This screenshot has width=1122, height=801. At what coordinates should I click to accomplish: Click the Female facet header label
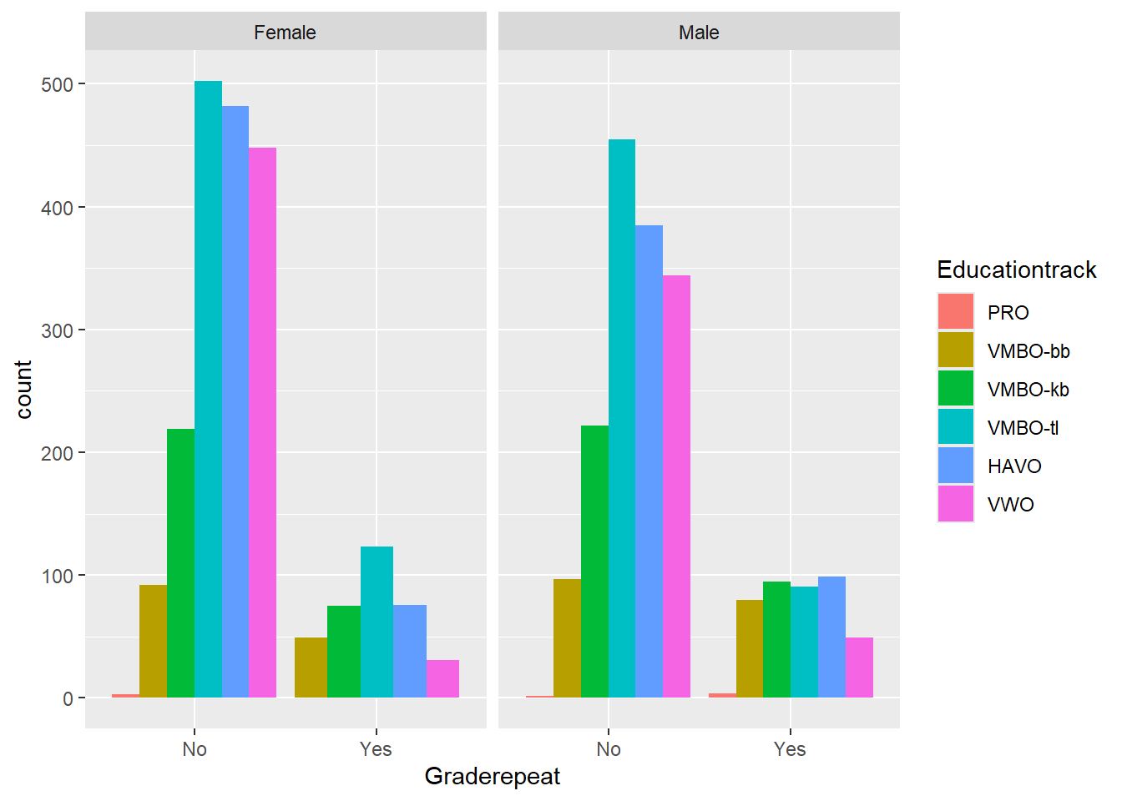(285, 33)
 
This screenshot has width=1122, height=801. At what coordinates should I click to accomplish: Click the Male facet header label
(699, 33)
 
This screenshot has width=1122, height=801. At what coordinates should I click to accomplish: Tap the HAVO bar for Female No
(235, 401)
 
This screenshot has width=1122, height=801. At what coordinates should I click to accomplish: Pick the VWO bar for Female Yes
(442, 678)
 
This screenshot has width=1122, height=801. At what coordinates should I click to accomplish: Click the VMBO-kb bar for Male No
(594, 561)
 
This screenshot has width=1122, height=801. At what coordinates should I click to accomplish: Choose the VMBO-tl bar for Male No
(622, 418)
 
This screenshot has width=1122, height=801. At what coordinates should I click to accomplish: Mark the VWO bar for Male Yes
(859, 667)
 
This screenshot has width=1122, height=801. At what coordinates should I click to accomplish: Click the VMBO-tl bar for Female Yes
(377, 622)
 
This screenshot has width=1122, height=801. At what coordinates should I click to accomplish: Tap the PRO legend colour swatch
(955, 312)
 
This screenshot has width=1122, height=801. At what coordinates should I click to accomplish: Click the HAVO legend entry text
(1014, 466)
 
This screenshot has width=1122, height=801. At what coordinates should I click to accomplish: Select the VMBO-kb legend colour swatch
(955, 389)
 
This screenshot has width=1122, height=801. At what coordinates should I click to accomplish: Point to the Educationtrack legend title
(1016, 270)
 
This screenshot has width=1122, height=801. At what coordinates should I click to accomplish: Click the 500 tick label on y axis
(57, 84)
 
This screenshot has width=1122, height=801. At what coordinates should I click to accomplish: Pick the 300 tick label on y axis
(57, 330)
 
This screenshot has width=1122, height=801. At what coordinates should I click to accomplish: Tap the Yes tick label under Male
(790, 749)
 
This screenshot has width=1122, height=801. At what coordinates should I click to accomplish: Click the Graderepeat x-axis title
(493, 776)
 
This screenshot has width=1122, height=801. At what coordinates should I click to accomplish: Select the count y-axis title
(23, 389)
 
